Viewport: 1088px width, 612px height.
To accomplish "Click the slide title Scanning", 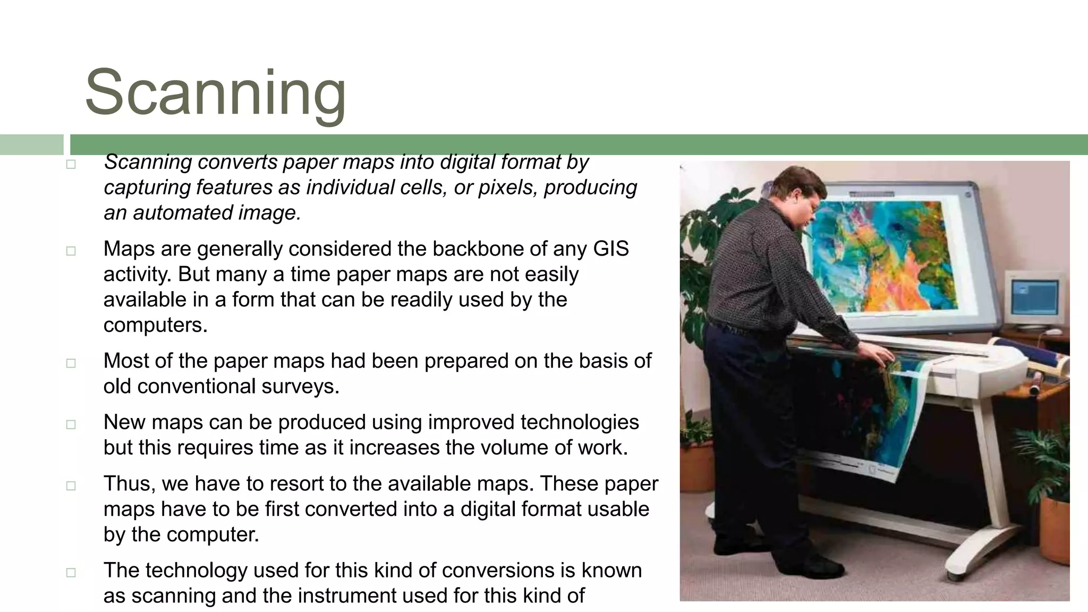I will tap(215, 93).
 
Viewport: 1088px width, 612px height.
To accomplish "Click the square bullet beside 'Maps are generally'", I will tap(71, 251).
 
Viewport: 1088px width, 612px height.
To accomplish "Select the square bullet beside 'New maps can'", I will tap(71, 424).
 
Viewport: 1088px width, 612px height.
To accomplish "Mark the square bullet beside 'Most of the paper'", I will tap(71, 363).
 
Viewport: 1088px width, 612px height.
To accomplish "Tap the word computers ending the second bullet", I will tap(155, 325).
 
